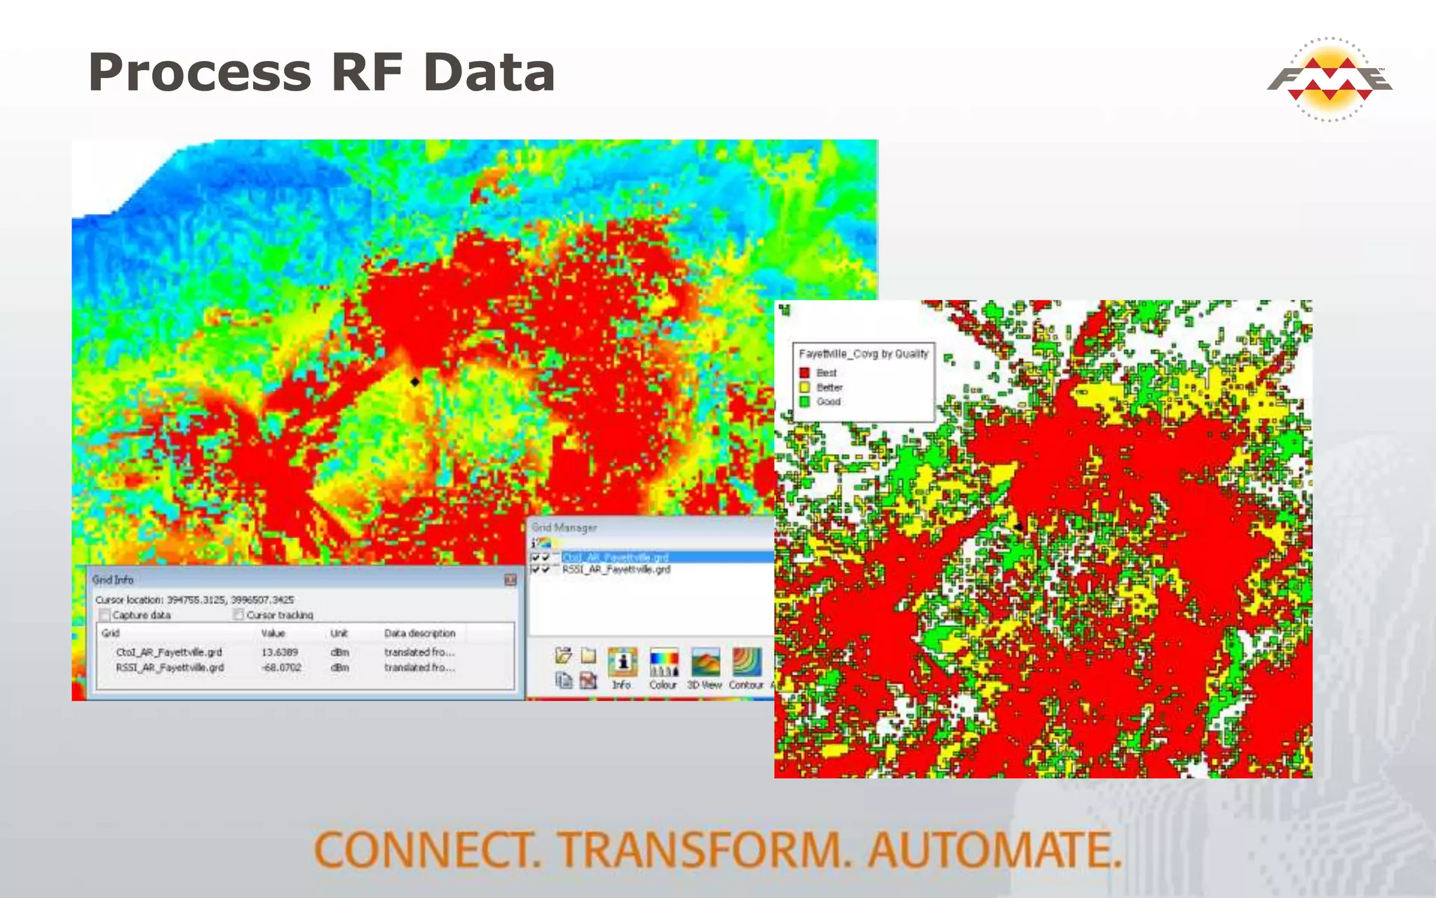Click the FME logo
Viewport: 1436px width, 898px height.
tap(1329, 79)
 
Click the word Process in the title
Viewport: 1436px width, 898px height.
tap(199, 72)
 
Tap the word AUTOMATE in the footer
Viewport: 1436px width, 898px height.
tap(994, 850)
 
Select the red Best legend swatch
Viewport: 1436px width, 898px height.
tap(804, 373)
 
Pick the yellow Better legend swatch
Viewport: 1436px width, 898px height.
tap(804, 387)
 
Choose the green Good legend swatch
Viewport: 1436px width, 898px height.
tap(804, 402)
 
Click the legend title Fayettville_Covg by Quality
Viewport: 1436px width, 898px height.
tap(863, 354)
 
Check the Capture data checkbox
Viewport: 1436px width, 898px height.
tap(105, 615)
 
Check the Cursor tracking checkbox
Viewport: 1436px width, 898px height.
tap(238, 615)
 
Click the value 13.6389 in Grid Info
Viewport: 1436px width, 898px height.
tap(279, 652)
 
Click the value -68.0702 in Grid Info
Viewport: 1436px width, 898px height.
tap(280, 667)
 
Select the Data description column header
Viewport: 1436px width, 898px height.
tap(419, 633)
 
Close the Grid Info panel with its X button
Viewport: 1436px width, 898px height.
tap(510, 579)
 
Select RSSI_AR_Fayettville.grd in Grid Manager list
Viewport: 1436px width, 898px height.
tap(616, 570)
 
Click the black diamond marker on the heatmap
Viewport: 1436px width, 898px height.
tap(415, 382)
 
